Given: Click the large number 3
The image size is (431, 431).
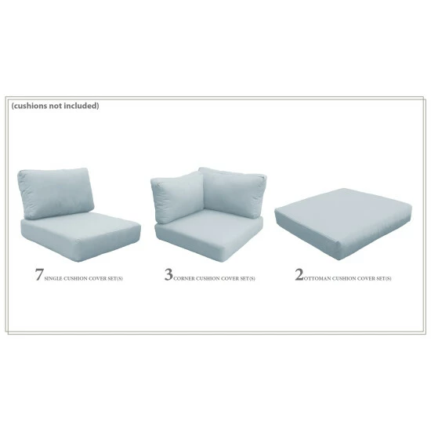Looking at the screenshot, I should [x=168, y=274].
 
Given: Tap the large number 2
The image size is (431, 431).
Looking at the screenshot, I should [x=298, y=275].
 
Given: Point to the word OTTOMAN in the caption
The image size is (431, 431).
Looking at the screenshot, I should [x=318, y=278].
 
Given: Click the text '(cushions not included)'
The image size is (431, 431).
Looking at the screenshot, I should [x=55, y=106].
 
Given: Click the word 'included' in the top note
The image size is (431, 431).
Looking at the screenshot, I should [x=82, y=106].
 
